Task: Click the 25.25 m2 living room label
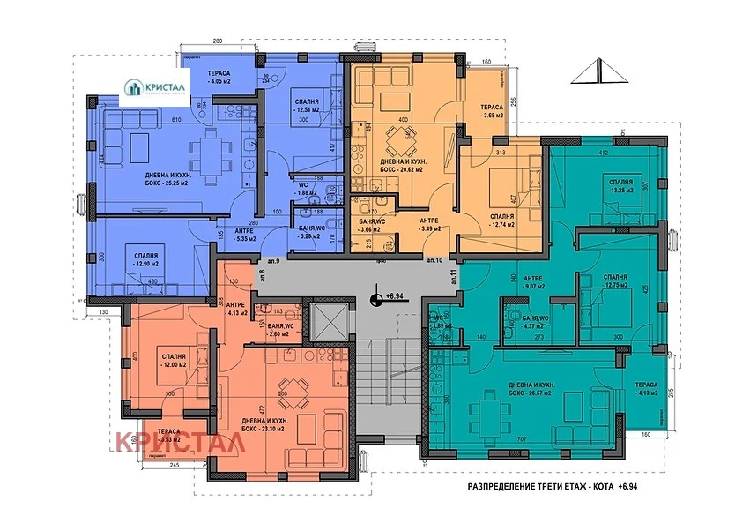click(170, 181)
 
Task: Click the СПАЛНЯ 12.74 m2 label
click(501, 221)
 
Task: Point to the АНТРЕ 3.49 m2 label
click(429, 225)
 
